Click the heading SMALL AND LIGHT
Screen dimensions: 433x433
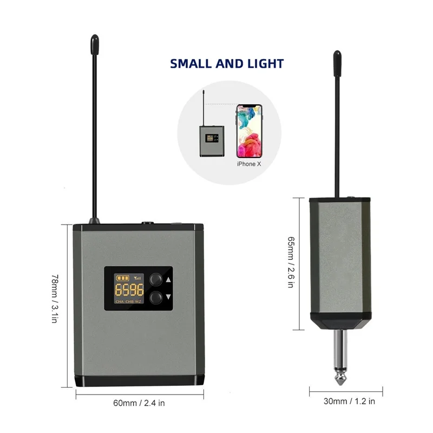(227, 63)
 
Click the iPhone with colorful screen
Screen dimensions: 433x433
(249, 130)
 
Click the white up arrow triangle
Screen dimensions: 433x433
(168, 280)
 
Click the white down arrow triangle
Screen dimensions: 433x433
(168, 297)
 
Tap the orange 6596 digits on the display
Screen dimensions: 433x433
(128, 288)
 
